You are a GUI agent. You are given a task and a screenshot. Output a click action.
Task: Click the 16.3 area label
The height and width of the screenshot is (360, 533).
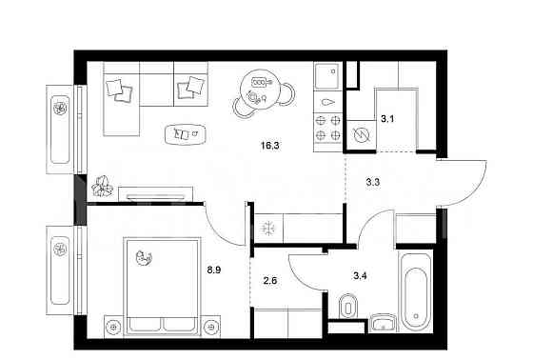tap(270, 146)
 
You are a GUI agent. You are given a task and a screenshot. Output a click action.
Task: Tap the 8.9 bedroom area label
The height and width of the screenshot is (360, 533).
tap(214, 270)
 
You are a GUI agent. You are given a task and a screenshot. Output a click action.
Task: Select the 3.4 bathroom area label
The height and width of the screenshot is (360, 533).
tap(360, 275)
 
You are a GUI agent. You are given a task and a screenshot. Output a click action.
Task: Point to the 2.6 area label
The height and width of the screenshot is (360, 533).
tap(270, 281)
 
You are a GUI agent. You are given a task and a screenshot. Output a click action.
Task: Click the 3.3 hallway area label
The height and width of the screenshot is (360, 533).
tap(372, 183)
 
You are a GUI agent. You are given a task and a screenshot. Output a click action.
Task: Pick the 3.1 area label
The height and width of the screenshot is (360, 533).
tap(387, 119)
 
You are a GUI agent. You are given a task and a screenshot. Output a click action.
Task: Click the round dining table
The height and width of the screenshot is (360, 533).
tap(260, 90)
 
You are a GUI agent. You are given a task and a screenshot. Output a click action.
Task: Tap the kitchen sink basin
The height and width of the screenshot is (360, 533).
tap(327, 76)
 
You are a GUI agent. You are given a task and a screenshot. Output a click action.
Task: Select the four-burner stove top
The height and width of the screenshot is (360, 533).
tap(328, 128)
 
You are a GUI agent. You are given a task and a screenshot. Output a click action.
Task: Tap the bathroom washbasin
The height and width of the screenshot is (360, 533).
tap(383, 323)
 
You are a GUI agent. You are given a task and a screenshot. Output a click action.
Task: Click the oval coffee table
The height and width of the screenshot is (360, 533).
tap(186, 134)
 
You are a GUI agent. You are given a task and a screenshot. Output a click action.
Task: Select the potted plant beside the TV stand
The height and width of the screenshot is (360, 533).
tap(103, 186)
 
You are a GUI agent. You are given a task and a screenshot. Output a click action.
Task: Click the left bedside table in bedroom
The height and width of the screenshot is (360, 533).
tap(113, 327)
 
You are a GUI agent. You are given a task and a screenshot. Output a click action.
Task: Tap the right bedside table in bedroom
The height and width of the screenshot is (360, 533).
tap(211, 327)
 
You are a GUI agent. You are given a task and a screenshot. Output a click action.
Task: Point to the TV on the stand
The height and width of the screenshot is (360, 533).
tap(156, 197)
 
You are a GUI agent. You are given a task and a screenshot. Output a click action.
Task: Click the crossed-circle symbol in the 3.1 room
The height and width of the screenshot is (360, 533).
tap(361, 135)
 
